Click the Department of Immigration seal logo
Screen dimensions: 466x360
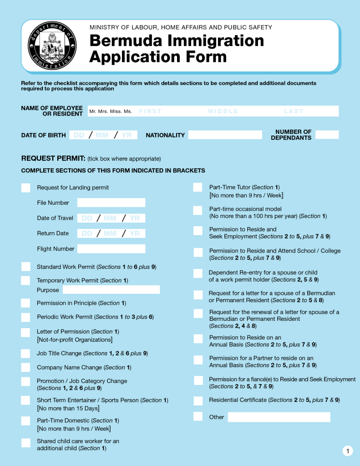pos(52,46)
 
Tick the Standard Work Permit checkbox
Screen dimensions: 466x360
pos(26,267)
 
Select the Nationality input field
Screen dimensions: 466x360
pos(225,135)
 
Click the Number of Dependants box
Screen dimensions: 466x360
pos(327,135)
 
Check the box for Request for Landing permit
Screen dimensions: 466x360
pos(26,187)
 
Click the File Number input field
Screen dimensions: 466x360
pos(111,203)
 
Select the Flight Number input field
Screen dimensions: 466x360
pos(111,248)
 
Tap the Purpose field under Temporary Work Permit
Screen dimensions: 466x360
pos(111,290)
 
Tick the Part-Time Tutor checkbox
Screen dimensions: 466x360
pos(198,187)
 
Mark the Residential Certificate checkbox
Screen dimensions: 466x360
pos(198,400)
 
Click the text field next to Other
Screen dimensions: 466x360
pos(279,417)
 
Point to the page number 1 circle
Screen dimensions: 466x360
pos(347,451)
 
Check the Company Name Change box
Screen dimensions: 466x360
pos(26,367)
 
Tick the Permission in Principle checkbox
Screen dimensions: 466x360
pos(26,303)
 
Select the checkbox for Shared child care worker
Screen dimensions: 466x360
pos(26,443)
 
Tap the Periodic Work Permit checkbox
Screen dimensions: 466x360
pos(26,317)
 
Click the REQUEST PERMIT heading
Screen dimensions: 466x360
pos(53,158)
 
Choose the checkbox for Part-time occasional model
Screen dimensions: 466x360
pos(198,210)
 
